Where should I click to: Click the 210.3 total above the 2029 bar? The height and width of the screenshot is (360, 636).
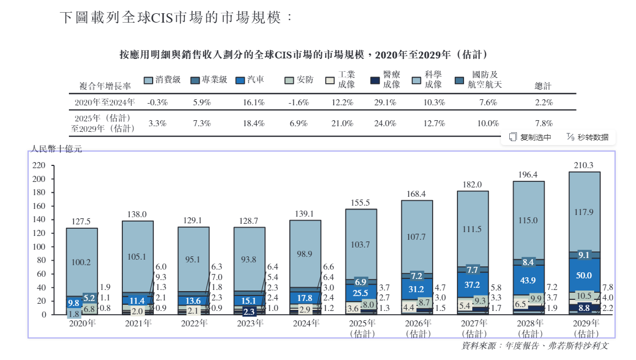tap(584, 165)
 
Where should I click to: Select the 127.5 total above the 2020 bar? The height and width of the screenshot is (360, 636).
tap(82, 222)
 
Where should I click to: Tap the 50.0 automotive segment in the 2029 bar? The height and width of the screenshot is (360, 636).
tap(584, 276)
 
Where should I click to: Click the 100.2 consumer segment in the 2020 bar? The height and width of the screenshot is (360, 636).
tap(82, 262)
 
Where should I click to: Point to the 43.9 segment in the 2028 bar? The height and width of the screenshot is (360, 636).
tap(529, 281)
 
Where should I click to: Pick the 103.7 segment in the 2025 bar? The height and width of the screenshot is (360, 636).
tap(361, 244)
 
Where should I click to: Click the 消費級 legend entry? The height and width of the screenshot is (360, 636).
tap(163, 80)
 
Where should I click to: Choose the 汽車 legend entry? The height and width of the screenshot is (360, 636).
tap(250, 80)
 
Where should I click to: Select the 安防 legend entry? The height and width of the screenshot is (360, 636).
tap(299, 80)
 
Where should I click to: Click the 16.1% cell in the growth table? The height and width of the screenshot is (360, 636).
tap(254, 103)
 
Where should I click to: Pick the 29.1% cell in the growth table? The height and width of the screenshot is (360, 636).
tap(385, 103)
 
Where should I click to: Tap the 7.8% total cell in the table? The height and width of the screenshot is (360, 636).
tap(543, 123)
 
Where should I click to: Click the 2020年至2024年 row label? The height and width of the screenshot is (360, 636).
tap(105, 103)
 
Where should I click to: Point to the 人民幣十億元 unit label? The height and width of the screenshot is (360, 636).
tap(56, 149)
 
